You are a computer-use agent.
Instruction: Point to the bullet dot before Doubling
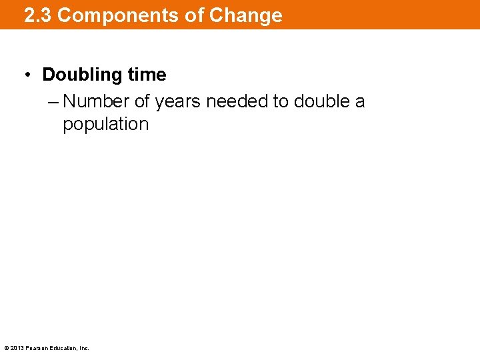(30, 75)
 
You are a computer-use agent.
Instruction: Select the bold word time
(146, 75)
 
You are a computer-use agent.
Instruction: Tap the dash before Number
(54, 102)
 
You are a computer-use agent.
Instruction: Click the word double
(321, 101)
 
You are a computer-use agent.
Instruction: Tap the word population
(106, 125)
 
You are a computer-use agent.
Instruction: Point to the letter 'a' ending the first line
(360, 102)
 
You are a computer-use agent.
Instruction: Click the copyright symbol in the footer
(7, 348)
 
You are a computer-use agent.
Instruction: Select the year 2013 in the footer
(17, 348)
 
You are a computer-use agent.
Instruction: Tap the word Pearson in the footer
(36, 348)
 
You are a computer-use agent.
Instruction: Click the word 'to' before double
(280, 101)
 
